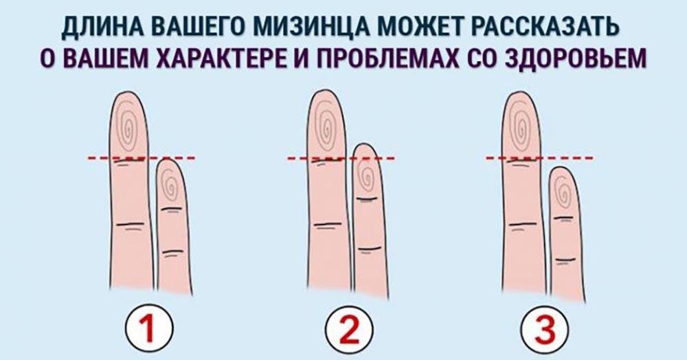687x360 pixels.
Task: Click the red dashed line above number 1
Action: point(142,159)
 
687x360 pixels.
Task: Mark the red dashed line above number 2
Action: point(341,159)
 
